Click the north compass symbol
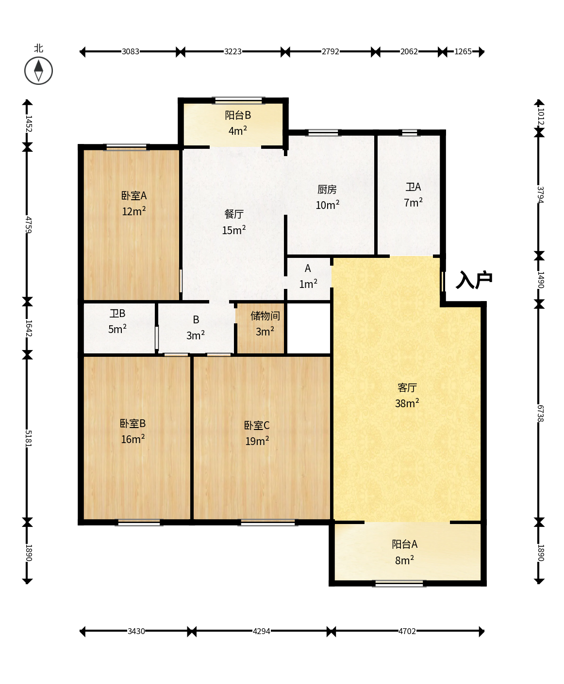[x=38, y=70]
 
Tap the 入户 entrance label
[x=474, y=280]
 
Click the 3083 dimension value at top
[x=131, y=51]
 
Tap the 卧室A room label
[x=134, y=196]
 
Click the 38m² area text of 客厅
[x=407, y=403]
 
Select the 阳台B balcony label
[x=238, y=115]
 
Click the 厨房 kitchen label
[x=327, y=190]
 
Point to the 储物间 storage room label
[x=265, y=316]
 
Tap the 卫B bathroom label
[x=117, y=314]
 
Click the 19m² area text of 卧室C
[x=257, y=441]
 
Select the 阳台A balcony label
[x=404, y=544]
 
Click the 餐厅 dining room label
[x=234, y=214]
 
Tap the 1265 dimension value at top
[x=463, y=51]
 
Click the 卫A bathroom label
[x=413, y=187]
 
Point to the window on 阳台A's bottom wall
[x=399, y=584]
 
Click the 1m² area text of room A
[x=308, y=284]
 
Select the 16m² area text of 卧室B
[x=133, y=439]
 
